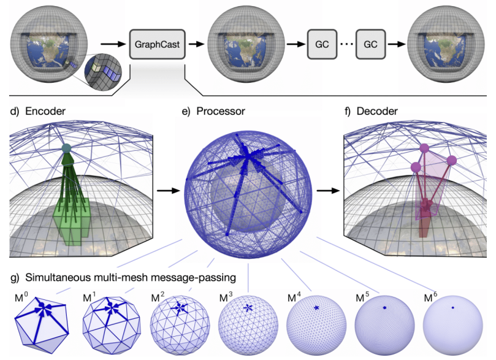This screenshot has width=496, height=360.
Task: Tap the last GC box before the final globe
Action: click(370, 45)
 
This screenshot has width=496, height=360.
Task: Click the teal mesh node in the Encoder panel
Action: click(67, 149)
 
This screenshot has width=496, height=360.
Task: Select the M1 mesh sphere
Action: click(111, 324)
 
